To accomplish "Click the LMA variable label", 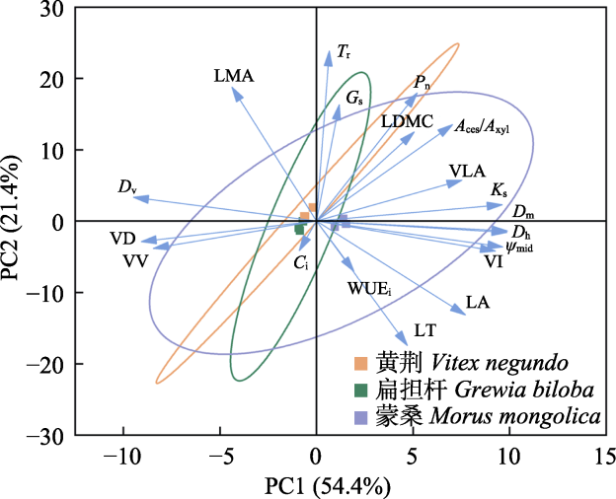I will (x=233, y=75).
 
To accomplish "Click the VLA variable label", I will (x=467, y=172).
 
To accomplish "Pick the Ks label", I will (x=500, y=189).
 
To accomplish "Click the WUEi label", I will (x=370, y=289).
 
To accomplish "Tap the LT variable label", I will (x=425, y=330).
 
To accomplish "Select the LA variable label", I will (x=479, y=303).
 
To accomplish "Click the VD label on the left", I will (x=123, y=239).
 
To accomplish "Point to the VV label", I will (x=135, y=260).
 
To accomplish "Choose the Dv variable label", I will (x=125, y=186).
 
